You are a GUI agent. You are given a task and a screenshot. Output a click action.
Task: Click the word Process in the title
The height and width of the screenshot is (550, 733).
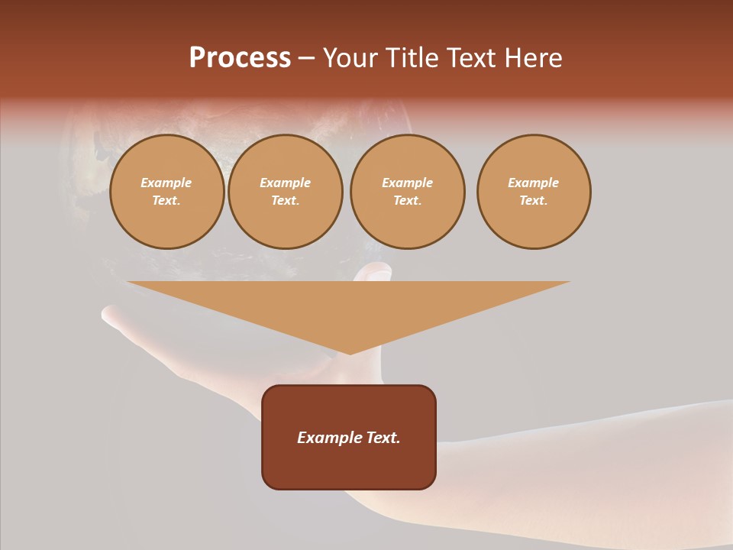click(240, 58)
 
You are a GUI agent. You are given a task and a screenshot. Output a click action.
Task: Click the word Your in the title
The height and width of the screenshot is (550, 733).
click(350, 58)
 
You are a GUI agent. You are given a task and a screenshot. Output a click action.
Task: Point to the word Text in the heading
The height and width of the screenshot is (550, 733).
click(471, 58)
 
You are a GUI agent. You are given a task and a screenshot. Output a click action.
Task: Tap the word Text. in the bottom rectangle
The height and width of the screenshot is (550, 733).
click(383, 438)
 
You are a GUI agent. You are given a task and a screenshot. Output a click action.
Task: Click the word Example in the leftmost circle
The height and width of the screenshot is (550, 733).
click(166, 183)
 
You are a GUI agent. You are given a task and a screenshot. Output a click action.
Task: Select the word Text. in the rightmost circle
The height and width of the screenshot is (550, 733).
click(534, 200)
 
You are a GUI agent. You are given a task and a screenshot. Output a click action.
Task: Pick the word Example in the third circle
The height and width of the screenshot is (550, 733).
click(407, 183)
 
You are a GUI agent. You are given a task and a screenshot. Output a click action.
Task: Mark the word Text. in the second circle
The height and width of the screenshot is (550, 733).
click(285, 200)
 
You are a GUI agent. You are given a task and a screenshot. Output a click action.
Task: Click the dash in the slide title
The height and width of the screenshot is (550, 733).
click(307, 58)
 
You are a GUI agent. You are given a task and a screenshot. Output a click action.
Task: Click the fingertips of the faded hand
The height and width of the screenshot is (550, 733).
click(111, 314)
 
